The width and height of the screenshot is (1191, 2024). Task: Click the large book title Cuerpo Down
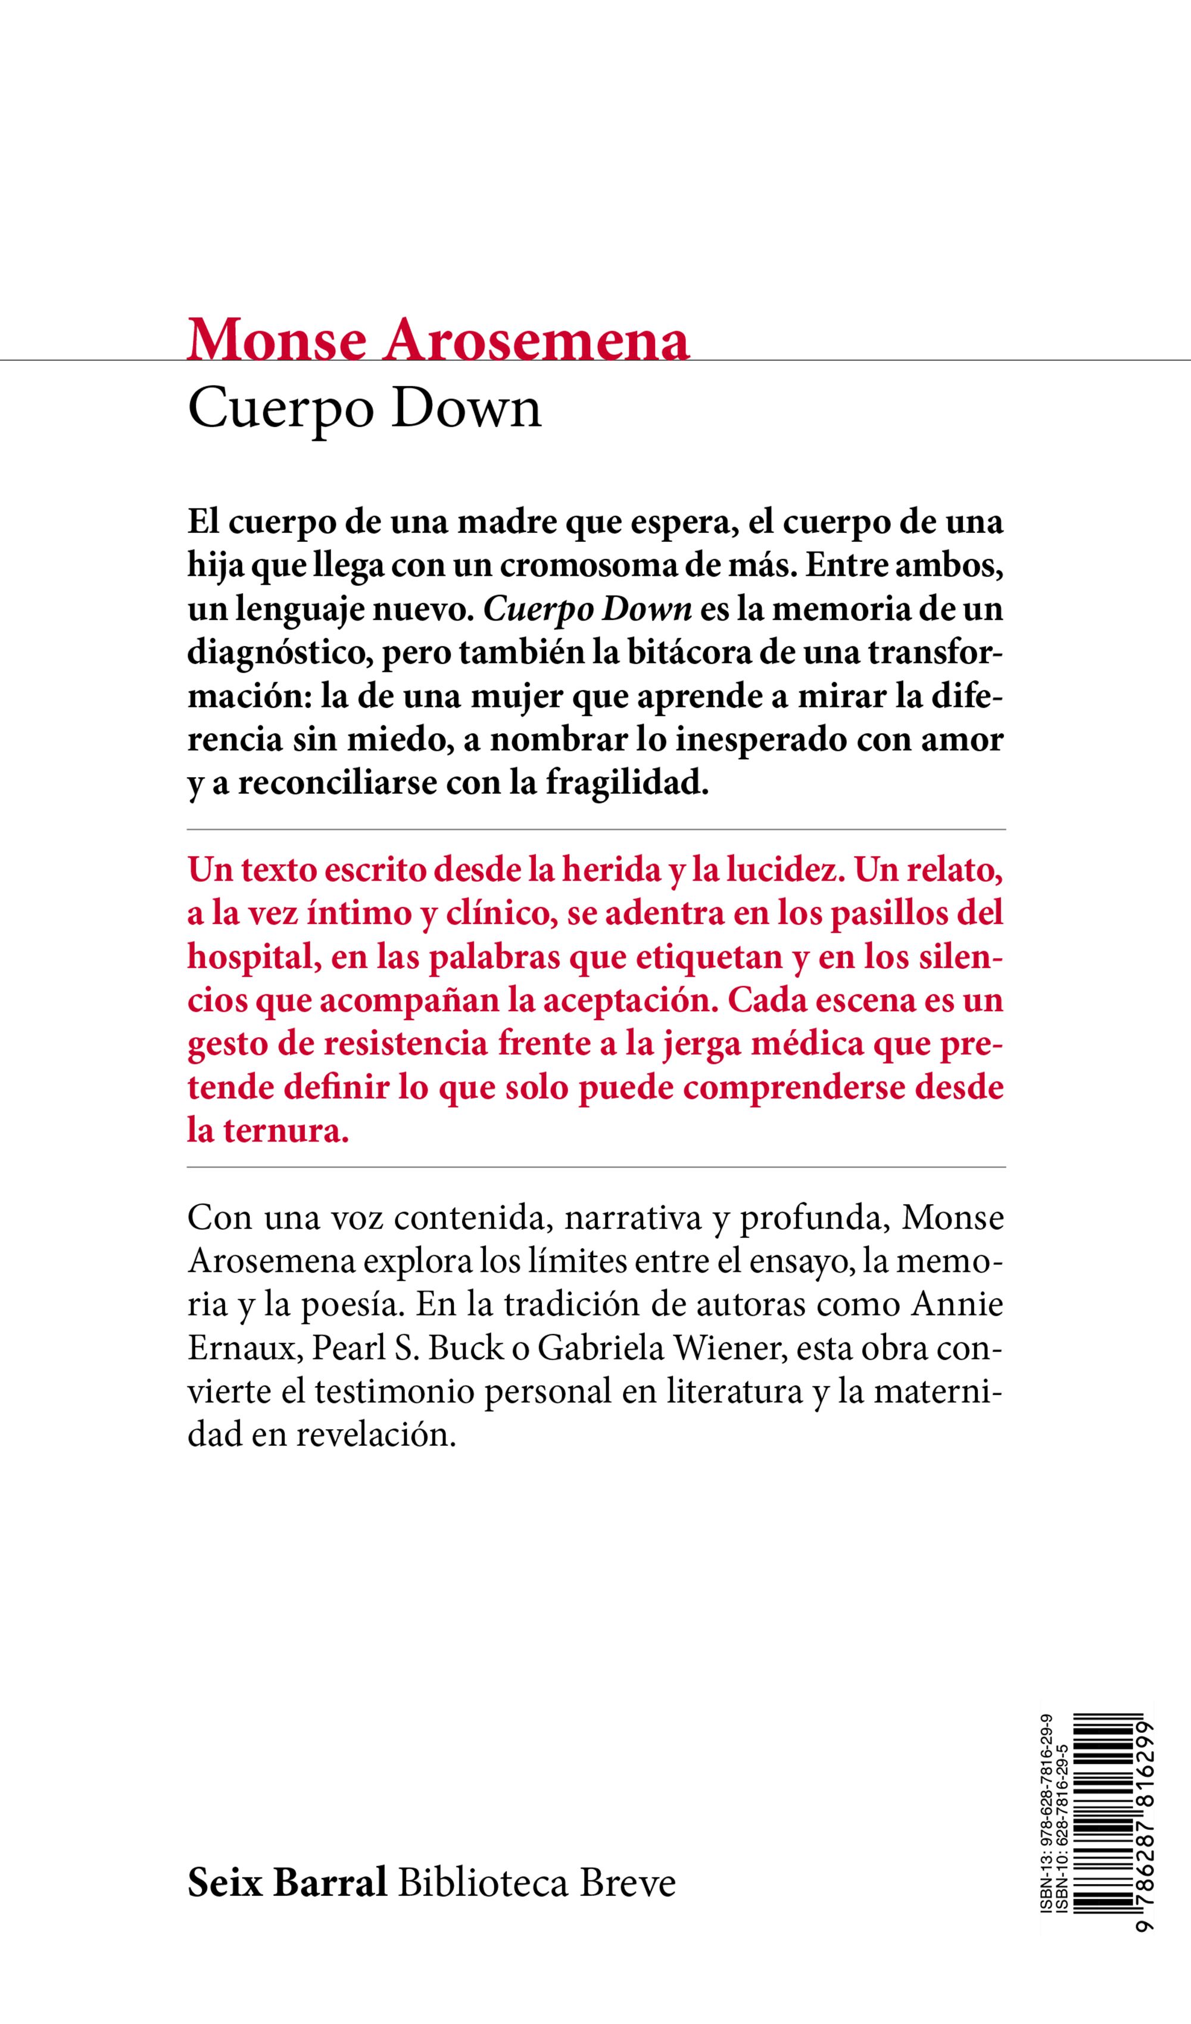[x=364, y=409]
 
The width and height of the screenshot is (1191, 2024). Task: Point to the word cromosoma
[x=590, y=566]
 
